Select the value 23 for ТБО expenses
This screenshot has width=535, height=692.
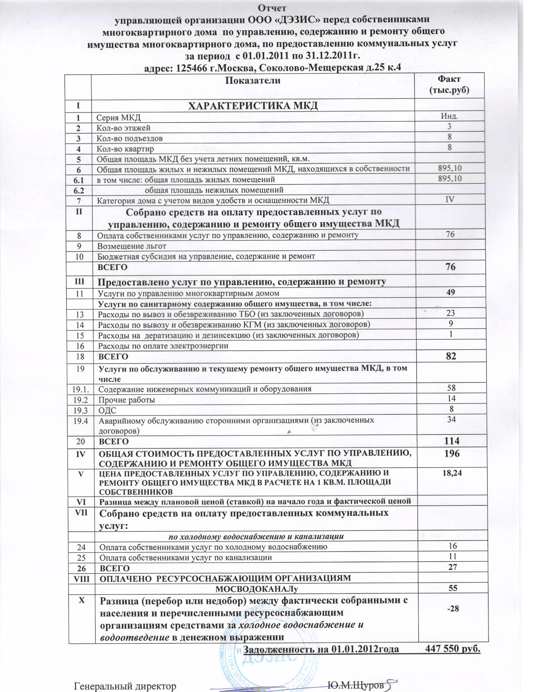click(x=451, y=313)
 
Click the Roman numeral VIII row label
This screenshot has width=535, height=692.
click(x=81, y=578)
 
